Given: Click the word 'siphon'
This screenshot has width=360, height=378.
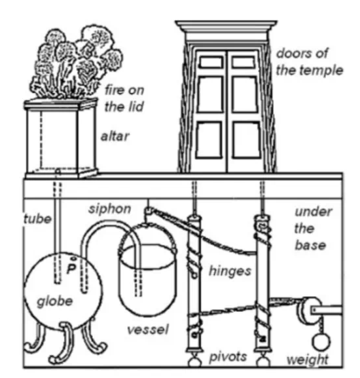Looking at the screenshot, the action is click(110, 209).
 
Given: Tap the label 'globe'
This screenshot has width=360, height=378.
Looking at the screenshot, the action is click(55, 301).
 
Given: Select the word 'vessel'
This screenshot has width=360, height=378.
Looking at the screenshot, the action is click(148, 330).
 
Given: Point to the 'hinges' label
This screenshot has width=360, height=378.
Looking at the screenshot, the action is click(230, 271).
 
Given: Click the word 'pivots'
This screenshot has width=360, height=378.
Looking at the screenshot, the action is click(228, 357).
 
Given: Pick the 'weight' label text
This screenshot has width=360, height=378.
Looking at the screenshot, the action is click(308, 360).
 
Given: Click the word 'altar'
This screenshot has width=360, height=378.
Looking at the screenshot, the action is click(115, 136).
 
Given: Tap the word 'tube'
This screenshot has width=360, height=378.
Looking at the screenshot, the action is click(37, 219).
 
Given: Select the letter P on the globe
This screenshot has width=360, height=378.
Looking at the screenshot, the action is click(71, 269).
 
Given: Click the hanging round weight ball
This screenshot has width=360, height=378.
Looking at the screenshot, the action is click(321, 341).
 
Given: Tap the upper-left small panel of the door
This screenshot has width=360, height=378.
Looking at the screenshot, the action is click(211, 62).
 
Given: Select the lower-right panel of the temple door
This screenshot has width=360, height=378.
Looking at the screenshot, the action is click(246, 140).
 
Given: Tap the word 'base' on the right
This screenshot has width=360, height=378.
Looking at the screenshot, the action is click(310, 246).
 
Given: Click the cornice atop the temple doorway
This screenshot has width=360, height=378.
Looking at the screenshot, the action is click(226, 27).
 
